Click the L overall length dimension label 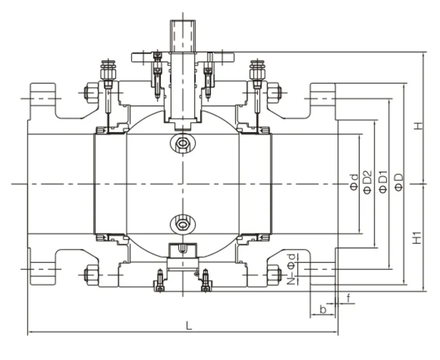click(x=189, y=325)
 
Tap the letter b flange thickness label click(x=323, y=309)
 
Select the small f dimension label click(x=348, y=298)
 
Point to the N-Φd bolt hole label click(x=292, y=268)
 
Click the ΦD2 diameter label click(x=367, y=181)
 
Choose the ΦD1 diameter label click(x=383, y=181)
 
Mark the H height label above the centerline click(x=419, y=126)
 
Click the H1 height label click(x=419, y=238)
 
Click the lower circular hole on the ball click(x=182, y=223)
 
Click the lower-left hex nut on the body click(x=91, y=273)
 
